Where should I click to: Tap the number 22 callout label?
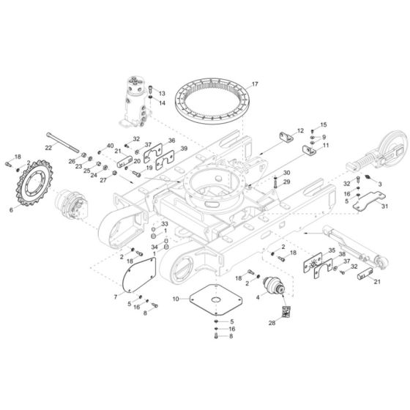click(x=48, y=147)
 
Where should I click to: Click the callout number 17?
click(x=255, y=85)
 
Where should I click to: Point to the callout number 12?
click(x=299, y=130)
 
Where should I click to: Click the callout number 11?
click(x=327, y=146)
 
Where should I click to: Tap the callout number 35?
click(x=331, y=251)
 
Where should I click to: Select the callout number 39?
click(x=183, y=148)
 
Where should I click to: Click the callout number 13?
click(x=163, y=94)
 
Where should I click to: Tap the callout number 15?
click(x=324, y=125)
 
